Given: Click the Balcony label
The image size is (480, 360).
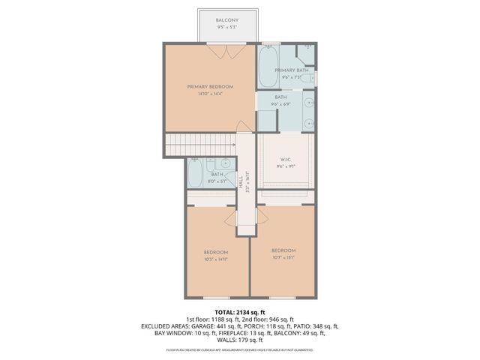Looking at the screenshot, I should click(x=227, y=19).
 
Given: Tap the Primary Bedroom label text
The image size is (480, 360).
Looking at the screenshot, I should click(x=210, y=87).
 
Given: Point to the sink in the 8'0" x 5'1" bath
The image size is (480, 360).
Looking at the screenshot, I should click(x=225, y=163).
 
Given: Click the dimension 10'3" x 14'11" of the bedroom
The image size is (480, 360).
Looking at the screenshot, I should click(x=217, y=259).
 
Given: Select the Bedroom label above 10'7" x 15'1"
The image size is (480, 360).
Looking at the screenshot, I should click(x=283, y=250).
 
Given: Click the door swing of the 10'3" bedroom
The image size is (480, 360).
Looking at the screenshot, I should click(x=230, y=217).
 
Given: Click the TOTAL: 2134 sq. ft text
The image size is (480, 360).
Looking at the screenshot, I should click(x=240, y=312).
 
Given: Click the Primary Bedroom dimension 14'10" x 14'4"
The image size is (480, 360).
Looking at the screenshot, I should click(x=210, y=94).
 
